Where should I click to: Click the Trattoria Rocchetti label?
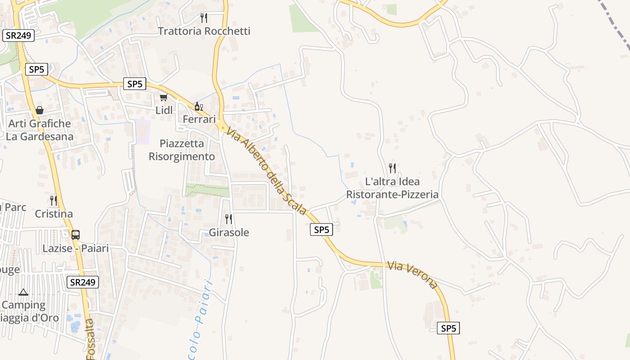tap(204, 31)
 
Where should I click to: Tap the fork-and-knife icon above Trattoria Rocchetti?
tap(204, 18)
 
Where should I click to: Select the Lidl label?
tap(164, 110)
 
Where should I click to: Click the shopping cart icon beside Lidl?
tap(163, 97)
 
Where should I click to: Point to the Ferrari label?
tap(199, 119)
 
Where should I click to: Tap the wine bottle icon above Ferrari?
tap(198, 107)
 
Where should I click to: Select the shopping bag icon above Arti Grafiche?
tap(40, 110)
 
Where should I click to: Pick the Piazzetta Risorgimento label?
tap(182, 150)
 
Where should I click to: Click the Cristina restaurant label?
tap(54, 214)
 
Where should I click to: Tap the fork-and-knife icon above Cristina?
tap(54, 201)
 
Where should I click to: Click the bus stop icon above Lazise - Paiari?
tap(76, 234)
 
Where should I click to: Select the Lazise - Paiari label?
tap(76, 248)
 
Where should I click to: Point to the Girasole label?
tap(229, 233)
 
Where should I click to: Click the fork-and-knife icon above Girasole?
tap(229, 219)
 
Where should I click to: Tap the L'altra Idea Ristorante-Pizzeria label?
tap(392, 188)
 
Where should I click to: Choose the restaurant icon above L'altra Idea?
tap(392, 168)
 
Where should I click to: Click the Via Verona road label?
tap(412, 274)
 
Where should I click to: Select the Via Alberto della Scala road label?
tap(266, 171)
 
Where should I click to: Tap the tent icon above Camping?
tap(23, 292)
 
